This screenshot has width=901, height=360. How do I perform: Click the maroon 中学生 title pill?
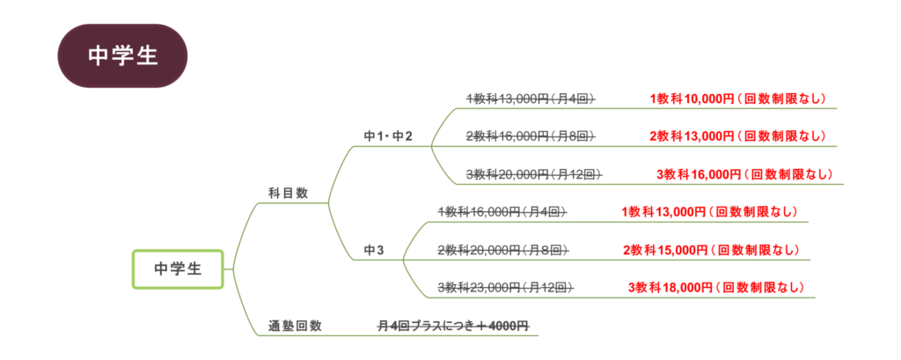[x=122, y=55]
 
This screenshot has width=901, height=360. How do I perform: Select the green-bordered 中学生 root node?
[x=179, y=269]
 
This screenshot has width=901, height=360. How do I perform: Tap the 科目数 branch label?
[x=288, y=193]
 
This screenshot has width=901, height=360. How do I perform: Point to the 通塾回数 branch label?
[x=295, y=326]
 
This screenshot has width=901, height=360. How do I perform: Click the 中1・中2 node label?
[x=388, y=136]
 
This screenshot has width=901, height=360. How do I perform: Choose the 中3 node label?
[x=374, y=250]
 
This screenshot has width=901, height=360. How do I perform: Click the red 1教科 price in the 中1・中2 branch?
[x=737, y=99]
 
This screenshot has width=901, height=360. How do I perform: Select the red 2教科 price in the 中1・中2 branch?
[x=737, y=136]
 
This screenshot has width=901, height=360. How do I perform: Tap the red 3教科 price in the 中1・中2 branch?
[x=744, y=173]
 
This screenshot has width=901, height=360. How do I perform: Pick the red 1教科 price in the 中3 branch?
[x=709, y=211]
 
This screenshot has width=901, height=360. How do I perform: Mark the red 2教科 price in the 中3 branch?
[x=711, y=250]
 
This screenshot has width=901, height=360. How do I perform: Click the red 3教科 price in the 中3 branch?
[x=715, y=287]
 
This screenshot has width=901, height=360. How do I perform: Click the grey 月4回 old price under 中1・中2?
[x=531, y=99]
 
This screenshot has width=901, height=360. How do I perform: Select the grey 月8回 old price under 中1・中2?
[x=531, y=136]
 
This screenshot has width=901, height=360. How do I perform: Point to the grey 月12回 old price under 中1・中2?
[x=534, y=173]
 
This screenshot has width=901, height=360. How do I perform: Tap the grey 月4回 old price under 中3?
[x=502, y=211]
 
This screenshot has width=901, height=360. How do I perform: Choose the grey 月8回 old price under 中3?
[x=502, y=250]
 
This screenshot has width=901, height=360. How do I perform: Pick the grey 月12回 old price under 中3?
[x=506, y=287]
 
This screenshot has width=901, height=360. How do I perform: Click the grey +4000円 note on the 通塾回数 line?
[x=453, y=326]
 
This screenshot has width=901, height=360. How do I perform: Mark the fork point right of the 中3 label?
[x=403, y=260]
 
